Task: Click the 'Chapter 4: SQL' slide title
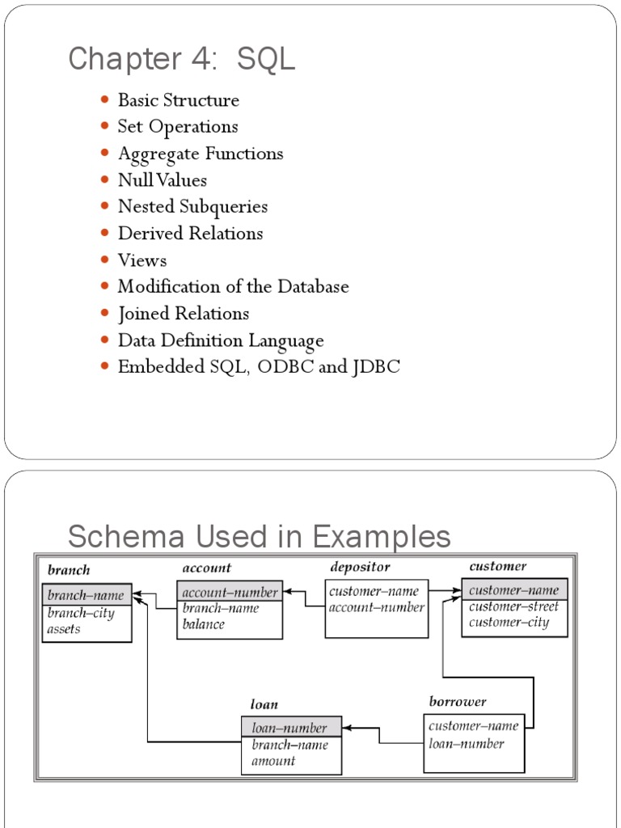click(x=181, y=59)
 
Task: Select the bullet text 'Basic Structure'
click(x=178, y=100)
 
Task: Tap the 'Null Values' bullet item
click(x=162, y=180)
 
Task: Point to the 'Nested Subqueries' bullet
click(x=192, y=206)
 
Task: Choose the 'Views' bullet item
click(x=142, y=260)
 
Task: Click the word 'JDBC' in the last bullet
click(x=376, y=366)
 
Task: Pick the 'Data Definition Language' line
click(x=220, y=340)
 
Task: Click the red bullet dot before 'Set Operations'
click(x=104, y=126)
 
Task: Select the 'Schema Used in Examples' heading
click(x=259, y=536)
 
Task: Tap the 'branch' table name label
click(x=69, y=570)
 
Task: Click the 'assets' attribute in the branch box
click(x=64, y=628)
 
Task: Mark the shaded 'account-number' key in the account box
click(x=230, y=592)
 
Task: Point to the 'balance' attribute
click(x=204, y=623)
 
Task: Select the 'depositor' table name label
click(x=360, y=567)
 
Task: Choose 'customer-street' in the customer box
click(x=513, y=606)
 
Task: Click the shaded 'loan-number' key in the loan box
click(x=289, y=728)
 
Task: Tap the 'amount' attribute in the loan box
click(x=273, y=760)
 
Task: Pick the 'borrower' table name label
click(x=458, y=701)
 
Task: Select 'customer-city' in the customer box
click(x=509, y=623)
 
